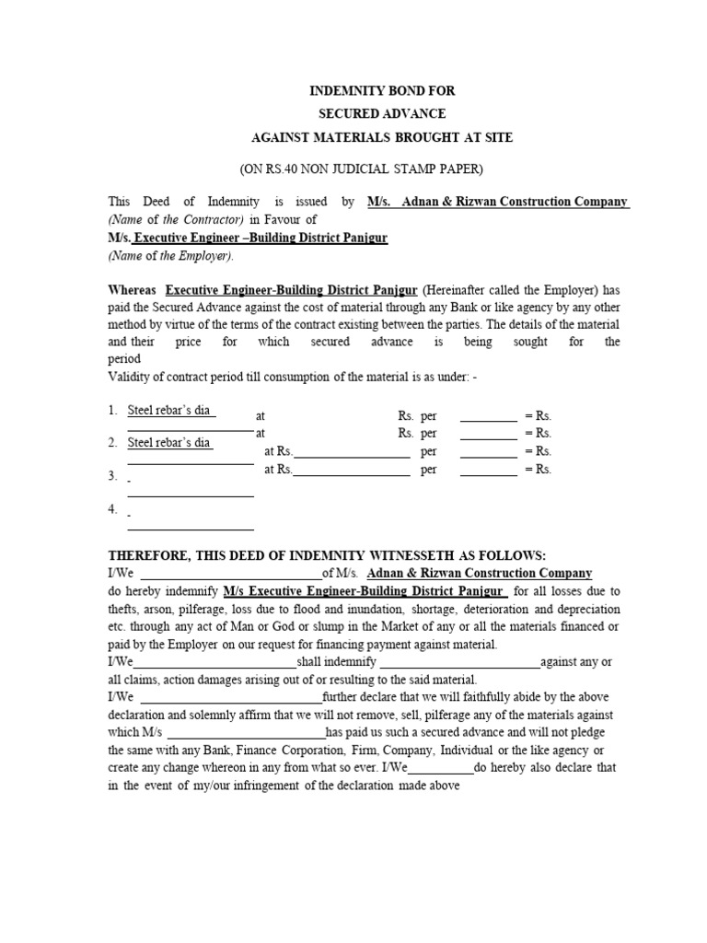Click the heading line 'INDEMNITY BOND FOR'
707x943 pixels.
[x=381, y=92]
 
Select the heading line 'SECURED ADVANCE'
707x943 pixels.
[x=381, y=114]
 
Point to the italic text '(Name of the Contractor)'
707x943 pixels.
[x=176, y=219]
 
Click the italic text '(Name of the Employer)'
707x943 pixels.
[x=171, y=256]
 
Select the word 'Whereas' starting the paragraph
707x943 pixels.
[x=133, y=289]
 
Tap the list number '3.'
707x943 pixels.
[x=113, y=475]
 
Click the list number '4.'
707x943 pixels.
[x=113, y=509]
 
